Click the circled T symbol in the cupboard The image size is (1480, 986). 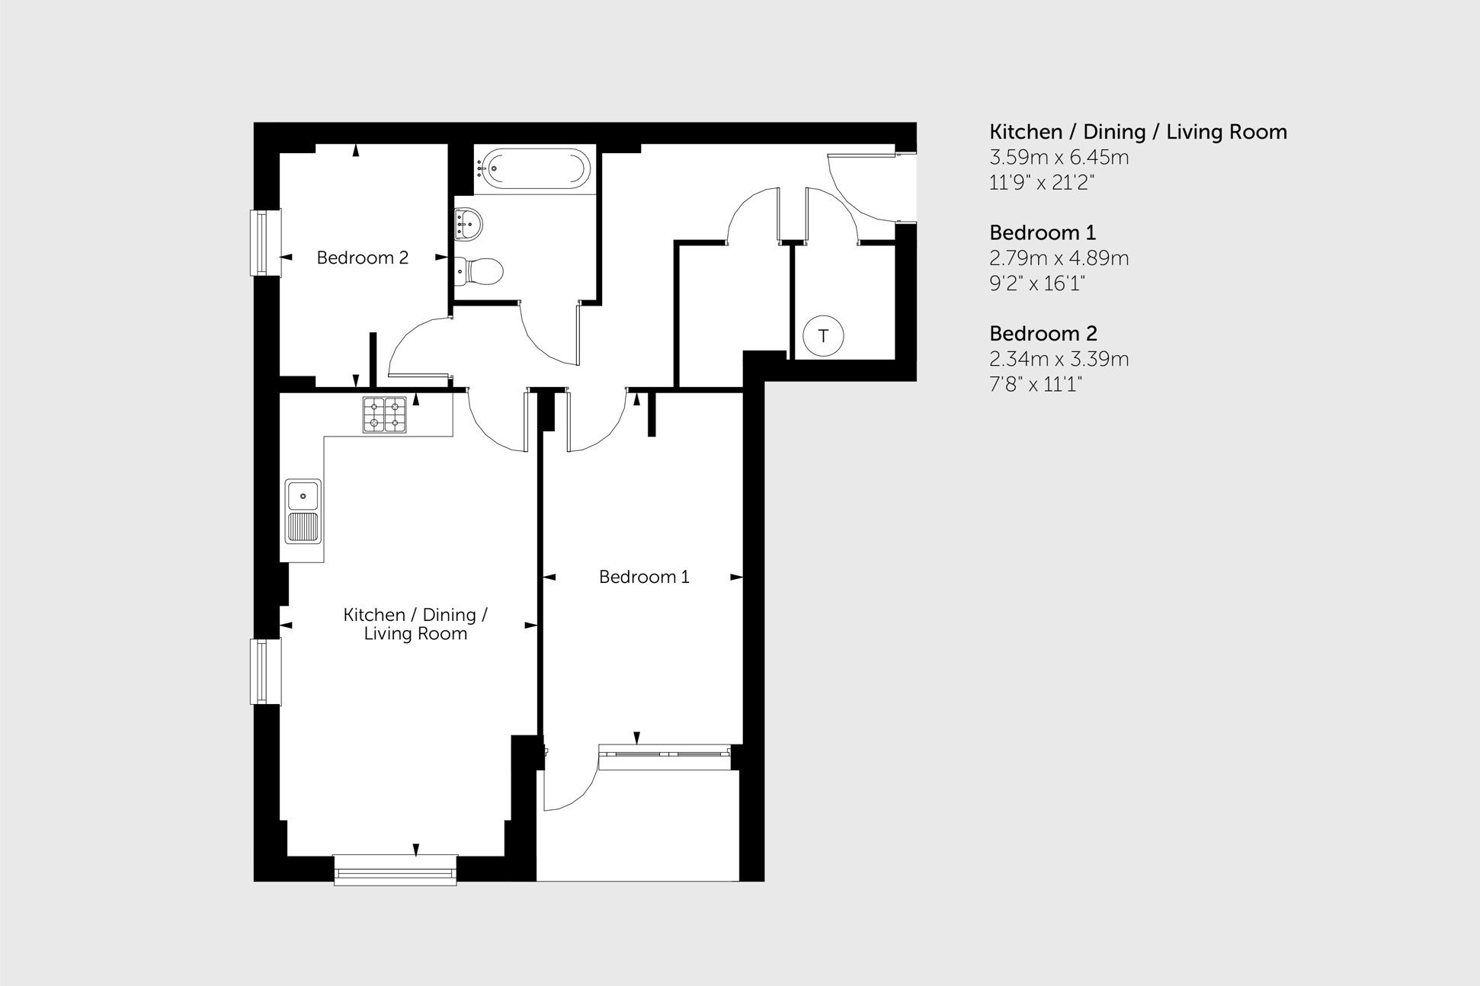pos(823,336)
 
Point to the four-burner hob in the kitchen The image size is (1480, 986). pos(384,415)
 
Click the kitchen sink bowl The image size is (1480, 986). pos(303,496)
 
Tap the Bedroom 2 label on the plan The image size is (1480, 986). pos(363,258)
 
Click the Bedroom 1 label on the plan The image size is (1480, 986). pos(644,577)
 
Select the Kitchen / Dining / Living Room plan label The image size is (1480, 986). pos(415,624)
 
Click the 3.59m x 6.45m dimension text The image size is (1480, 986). pos(1059,158)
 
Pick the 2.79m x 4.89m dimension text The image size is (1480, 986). pos(1059,258)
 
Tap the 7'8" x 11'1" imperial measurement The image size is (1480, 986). pos(1036,384)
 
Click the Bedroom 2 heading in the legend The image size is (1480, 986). pos(1043,334)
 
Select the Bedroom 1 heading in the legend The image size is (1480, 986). pos(1043,232)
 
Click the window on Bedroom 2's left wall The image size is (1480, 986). pos(266,242)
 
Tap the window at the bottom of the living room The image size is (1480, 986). pos(396,870)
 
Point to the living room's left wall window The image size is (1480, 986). pos(266,671)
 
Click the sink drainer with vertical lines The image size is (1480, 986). pos(303,527)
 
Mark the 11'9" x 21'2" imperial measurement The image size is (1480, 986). pos(1042,183)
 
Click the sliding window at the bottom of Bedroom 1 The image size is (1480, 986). pos(665,757)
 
